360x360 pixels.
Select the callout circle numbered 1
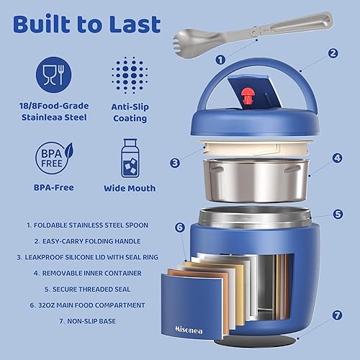pyautogui.click(x=220, y=60)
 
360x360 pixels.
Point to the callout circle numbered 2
pyautogui.click(x=333, y=53)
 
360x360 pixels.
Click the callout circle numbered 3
pyautogui.click(x=174, y=163)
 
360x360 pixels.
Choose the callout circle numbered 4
pyautogui.click(x=337, y=156)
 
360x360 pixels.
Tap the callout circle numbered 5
pyautogui.click(x=338, y=213)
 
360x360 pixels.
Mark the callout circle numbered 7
pyautogui.click(x=337, y=315)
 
